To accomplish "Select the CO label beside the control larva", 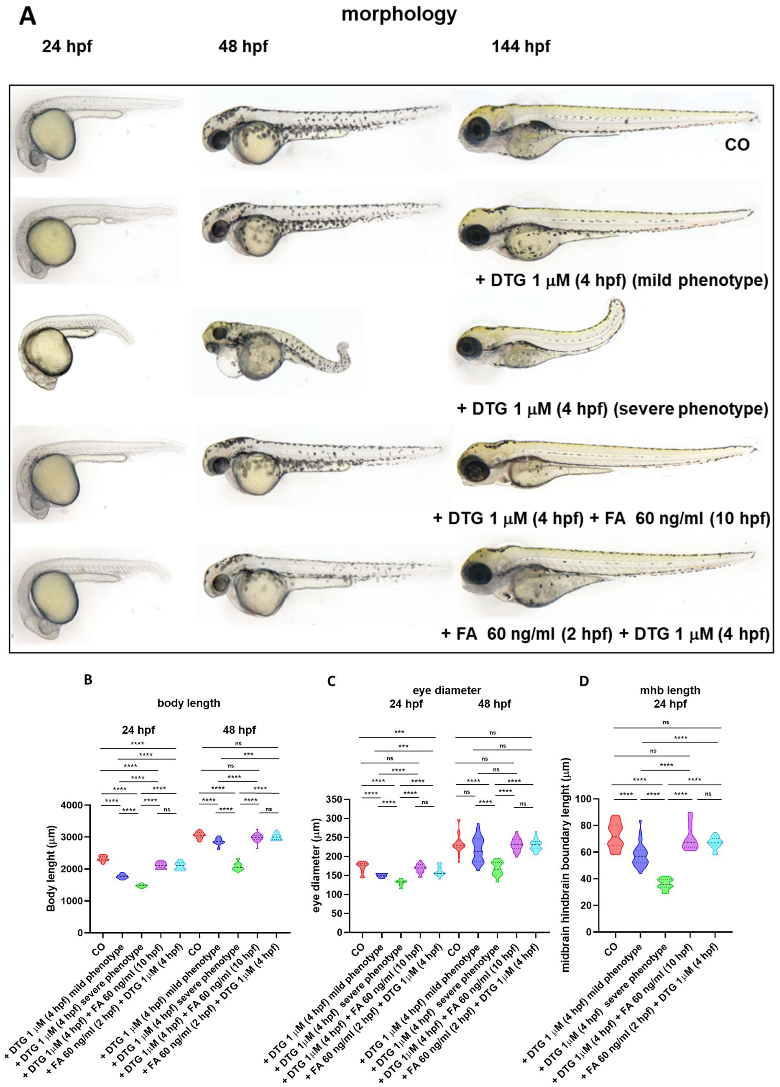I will point(736,144).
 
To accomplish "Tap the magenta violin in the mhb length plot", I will point(690,832).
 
